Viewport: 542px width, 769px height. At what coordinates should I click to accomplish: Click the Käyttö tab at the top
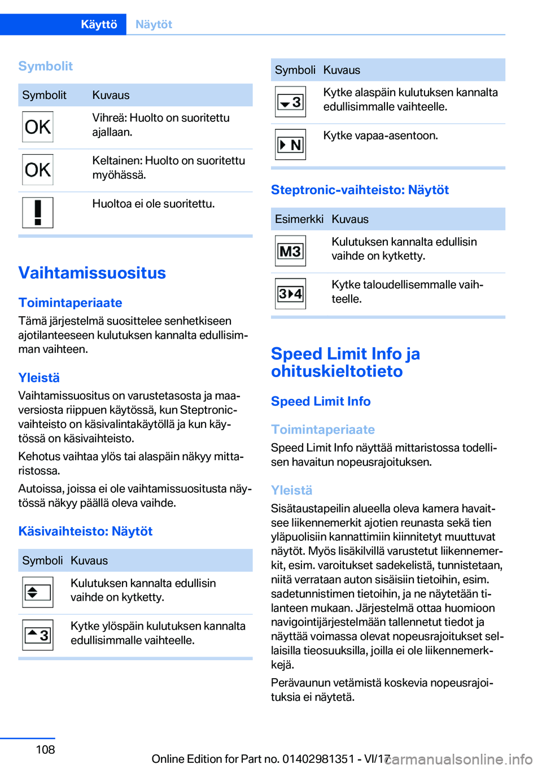tap(99, 24)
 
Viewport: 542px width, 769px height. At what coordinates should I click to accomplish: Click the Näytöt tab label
tap(154, 24)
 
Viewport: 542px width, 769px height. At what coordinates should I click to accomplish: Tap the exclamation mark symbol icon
tap(38, 212)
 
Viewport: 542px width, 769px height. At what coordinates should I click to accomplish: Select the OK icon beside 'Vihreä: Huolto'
tap(38, 126)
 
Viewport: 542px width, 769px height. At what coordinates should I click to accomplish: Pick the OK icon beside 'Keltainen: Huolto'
tap(38, 169)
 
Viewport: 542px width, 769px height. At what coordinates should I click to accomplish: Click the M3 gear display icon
tap(290, 251)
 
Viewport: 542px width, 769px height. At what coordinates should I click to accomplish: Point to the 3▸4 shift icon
tap(290, 294)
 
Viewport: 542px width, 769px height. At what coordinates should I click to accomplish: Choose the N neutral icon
tap(290, 145)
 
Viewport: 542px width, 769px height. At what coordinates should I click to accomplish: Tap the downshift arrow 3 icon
tap(290, 102)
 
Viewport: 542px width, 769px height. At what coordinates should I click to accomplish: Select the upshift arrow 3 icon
tap(38, 635)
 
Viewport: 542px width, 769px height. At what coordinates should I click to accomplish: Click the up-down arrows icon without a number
tap(38, 592)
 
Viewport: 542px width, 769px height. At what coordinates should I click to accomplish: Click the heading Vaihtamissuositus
tap(92, 273)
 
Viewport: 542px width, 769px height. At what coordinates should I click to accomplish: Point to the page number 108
tap(45, 749)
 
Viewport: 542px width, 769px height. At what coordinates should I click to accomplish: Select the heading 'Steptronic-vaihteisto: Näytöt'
tap(360, 190)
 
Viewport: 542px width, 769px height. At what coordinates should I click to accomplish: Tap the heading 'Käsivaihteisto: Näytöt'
tap(85, 531)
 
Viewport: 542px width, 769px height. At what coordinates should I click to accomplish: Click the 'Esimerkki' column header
tap(299, 219)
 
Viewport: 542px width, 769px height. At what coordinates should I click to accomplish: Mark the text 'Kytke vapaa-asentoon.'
tap(381, 136)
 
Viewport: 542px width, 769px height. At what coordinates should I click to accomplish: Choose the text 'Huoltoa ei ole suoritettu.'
tap(154, 203)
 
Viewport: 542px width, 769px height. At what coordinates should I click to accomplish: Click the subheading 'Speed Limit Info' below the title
tap(321, 401)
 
